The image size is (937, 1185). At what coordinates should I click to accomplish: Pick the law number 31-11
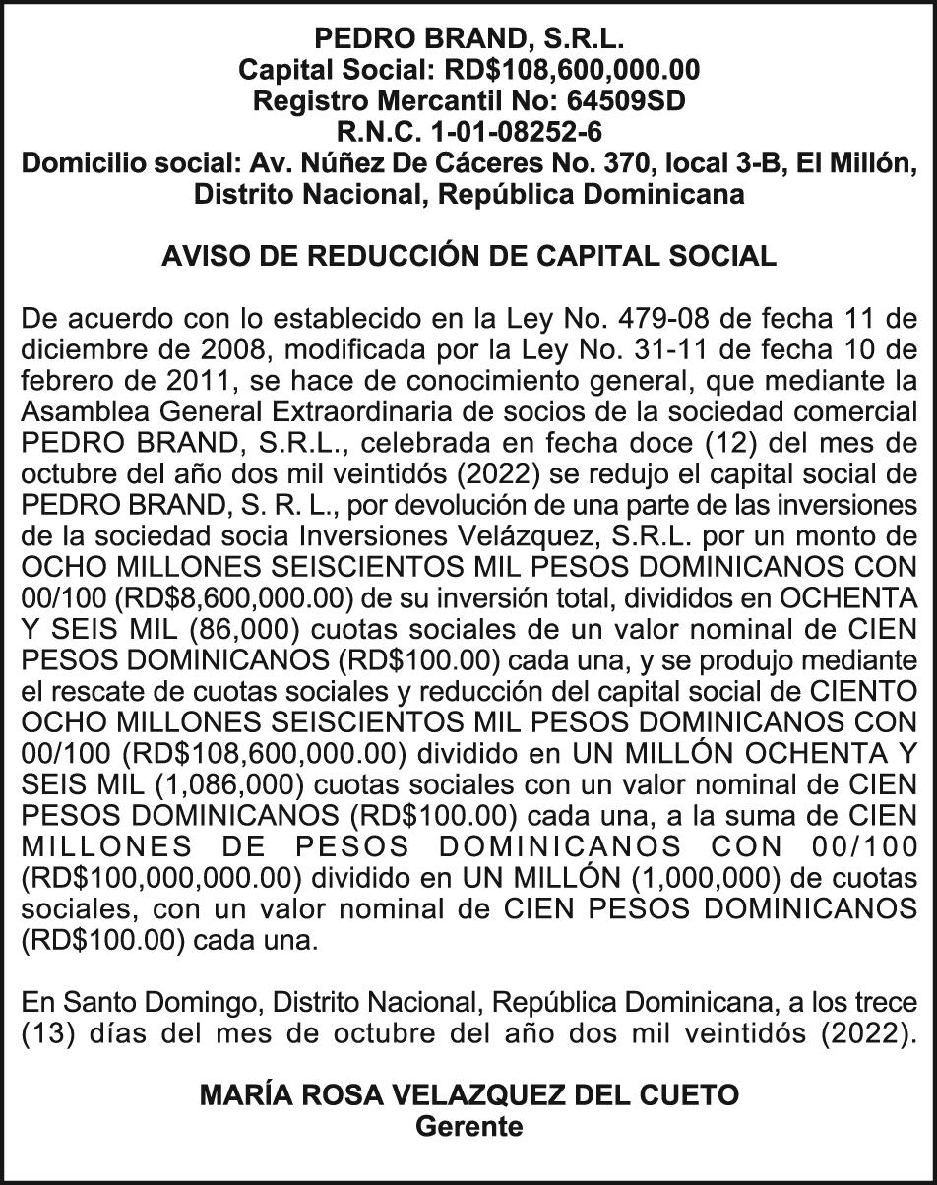(672, 349)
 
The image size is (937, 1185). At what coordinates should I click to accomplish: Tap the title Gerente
(468, 1127)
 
